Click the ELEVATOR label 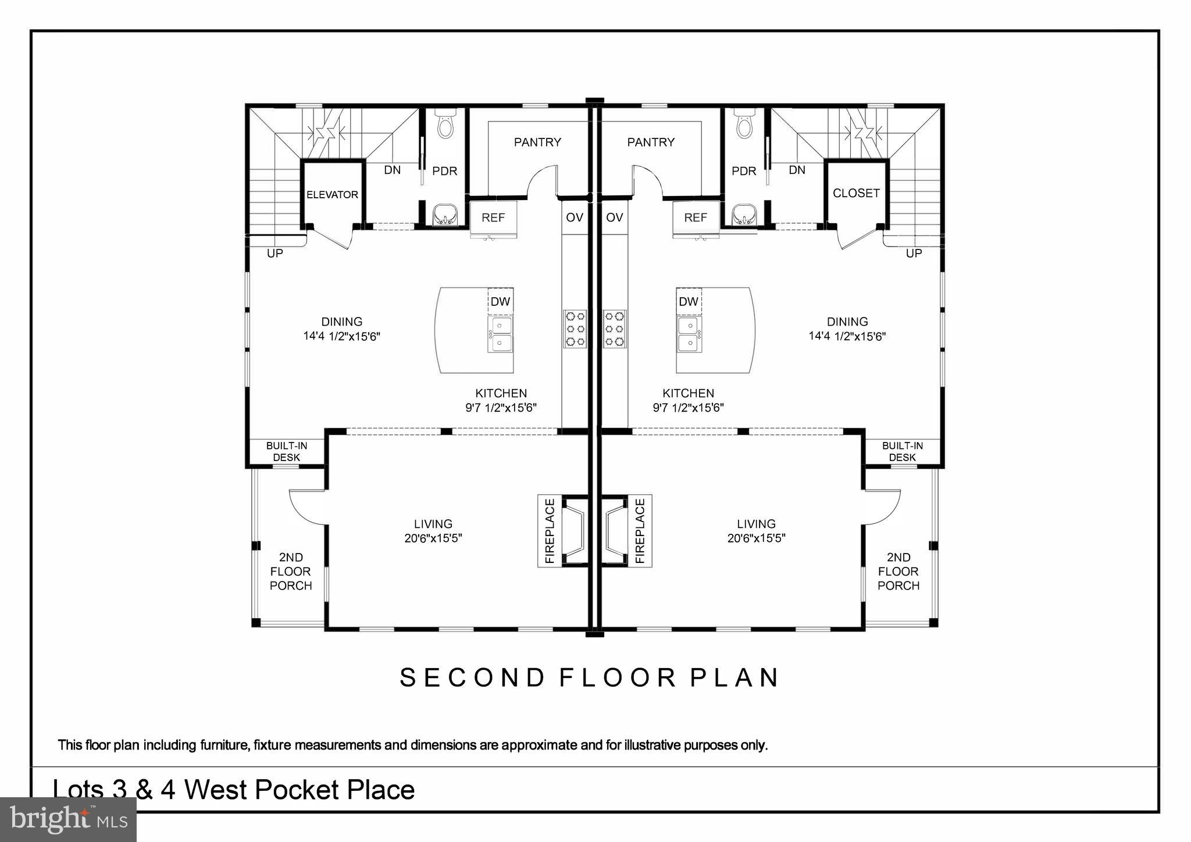pyautogui.click(x=332, y=195)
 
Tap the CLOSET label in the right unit pyautogui.click(x=856, y=193)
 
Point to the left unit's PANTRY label pyautogui.click(x=537, y=142)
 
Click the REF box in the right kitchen pyautogui.click(x=696, y=217)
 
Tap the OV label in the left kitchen pyautogui.click(x=575, y=217)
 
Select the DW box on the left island pyautogui.click(x=500, y=301)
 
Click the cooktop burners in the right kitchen pyautogui.click(x=615, y=329)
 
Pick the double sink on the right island pyautogui.click(x=689, y=334)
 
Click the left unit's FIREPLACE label pyautogui.click(x=550, y=531)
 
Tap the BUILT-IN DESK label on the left pyautogui.click(x=287, y=452)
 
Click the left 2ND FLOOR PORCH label pyautogui.click(x=291, y=572)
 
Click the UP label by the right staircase pyautogui.click(x=914, y=254)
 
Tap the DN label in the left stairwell pyautogui.click(x=393, y=170)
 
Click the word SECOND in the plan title pyautogui.click(x=472, y=678)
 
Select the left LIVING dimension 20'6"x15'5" pyautogui.click(x=433, y=538)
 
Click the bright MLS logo pyautogui.click(x=68, y=819)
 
